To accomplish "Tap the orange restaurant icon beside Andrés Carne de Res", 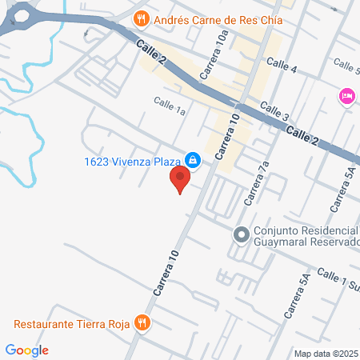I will pos(141,17).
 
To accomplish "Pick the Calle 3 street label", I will pos(274,113).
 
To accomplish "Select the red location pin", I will pos(182,181).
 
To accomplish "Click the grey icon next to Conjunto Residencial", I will pos(241,235).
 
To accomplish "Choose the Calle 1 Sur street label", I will pos(337,281).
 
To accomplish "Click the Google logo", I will pos(27,350).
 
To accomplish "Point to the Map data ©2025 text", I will pos(326,354).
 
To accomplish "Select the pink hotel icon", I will pos(347,96).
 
